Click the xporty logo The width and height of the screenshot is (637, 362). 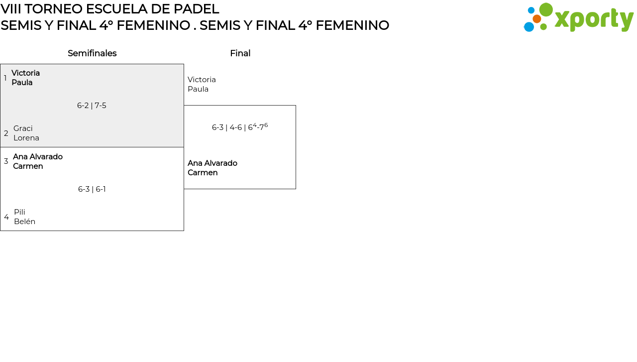tap(578, 18)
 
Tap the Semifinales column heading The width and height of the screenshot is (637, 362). tap(92, 53)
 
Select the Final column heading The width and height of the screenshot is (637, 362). tap(240, 53)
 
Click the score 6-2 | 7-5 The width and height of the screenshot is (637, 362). tap(92, 106)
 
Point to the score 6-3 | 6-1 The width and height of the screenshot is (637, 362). tap(92, 189)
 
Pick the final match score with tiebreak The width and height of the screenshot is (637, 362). tap(240, 127)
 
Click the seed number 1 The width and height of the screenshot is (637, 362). tap(5, 78)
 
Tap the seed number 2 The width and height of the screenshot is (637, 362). tap(6, 133)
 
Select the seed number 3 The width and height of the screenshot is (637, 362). tap(6, 161)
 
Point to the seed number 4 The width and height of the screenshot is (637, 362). tap(6, 217)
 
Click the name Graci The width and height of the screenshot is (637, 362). tap(23, 128)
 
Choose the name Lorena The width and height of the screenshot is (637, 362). tap(26, 138)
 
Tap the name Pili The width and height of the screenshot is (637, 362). tap(19, 212)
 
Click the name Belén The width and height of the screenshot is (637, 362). tap(24, 222)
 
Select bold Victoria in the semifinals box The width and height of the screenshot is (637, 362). tap(26, 73)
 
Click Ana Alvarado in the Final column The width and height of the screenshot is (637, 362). tap(212, 163)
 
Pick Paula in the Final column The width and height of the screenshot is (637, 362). tap(198, 89)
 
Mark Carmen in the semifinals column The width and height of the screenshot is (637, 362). tap(28, 166)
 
